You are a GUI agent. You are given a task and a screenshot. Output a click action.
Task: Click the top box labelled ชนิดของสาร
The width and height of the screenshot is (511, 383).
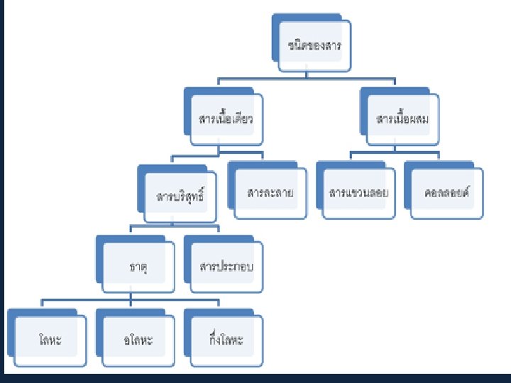[314, 45]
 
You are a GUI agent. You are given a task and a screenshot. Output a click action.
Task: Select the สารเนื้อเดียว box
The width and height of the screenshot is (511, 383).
[226, 118]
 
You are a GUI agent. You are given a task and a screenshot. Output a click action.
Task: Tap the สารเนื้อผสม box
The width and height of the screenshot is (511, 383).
[402, 118]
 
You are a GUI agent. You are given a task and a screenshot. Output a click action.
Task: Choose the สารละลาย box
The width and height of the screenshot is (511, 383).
[270, 192]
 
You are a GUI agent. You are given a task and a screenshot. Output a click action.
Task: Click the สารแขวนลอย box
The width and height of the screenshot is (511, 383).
[358, 192]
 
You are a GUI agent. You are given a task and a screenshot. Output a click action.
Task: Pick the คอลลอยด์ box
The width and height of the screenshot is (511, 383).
[448, 192]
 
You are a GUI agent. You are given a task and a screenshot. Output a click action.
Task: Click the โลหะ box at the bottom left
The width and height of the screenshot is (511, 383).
[50, 340]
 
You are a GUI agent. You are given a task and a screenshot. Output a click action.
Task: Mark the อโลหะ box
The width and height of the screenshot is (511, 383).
[138, 340]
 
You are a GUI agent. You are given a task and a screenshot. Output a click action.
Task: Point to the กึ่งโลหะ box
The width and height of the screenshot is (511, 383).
[226, 340]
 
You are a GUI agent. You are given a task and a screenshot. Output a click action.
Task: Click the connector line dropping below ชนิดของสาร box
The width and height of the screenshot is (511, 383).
[307, 76]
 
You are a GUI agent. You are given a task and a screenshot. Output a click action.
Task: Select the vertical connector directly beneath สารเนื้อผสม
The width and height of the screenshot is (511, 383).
[395, 147]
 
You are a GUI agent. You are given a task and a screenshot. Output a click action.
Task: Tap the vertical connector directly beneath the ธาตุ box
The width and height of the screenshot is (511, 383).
[131, 296]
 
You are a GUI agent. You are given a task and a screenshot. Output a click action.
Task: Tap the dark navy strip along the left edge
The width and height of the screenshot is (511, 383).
[3, 191]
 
